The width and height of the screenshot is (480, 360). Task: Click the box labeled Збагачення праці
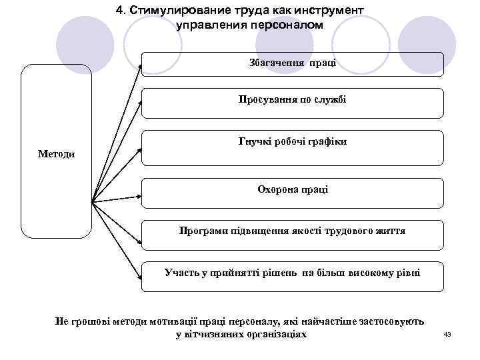(x=292, y=65)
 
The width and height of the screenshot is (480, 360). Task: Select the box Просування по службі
(x=292, y=101)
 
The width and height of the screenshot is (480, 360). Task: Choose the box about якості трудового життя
(x=292, y=231)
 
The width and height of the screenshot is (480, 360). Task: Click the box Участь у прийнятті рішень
(x=292, y=273)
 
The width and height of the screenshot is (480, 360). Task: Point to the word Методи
(x=56, y=155)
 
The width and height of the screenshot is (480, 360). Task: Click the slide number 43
(x=447, y=334)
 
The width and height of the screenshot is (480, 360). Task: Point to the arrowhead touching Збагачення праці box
(x=139, y=67)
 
